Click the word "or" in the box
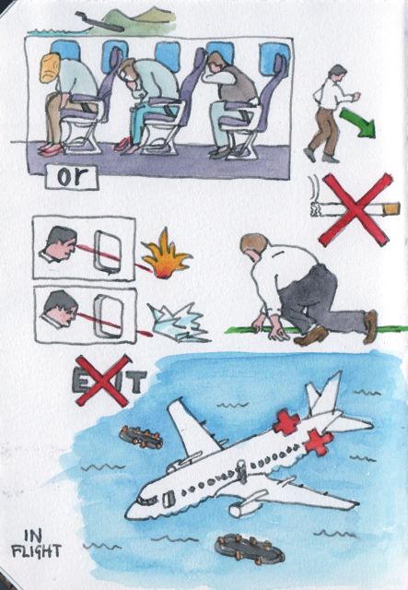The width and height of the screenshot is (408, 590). [72, 177]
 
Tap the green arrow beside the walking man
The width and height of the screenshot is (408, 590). [358, 123]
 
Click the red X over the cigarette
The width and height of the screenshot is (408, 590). [355, 209]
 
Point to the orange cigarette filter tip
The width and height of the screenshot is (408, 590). [392, 208]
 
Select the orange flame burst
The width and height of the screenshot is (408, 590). [166, 254]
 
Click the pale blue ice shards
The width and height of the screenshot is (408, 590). [179, 323]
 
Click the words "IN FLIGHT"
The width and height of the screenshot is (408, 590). [37, 544]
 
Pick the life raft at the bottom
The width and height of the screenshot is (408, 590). [249, 549]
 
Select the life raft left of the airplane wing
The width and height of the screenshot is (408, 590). [141, 437]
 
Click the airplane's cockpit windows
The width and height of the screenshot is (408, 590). [147, 500]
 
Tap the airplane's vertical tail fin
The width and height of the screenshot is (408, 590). [323, 394]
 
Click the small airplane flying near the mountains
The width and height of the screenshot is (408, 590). [99, 22]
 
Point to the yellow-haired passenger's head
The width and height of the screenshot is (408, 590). [51, 67]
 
